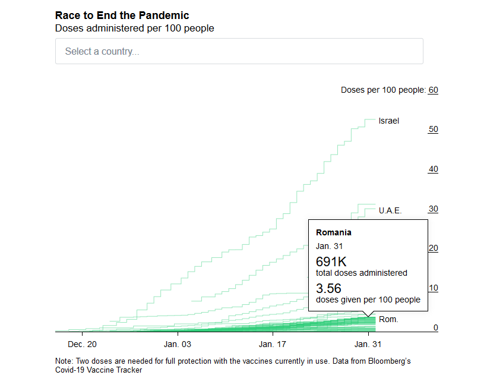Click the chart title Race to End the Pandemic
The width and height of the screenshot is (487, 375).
(122, 15)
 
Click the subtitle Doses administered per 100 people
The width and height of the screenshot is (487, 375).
(134, 28)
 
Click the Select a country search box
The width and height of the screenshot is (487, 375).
(239, 51)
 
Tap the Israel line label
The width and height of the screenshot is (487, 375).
(388, 121)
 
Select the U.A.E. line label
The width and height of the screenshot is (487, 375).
(390, 210)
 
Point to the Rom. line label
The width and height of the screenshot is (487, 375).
(388, 319)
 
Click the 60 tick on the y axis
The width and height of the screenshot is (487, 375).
(433, 90)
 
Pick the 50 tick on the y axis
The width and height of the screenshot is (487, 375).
(433, 129)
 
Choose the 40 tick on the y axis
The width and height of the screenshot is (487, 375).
(433, 169)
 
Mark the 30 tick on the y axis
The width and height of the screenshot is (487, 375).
(433, 209)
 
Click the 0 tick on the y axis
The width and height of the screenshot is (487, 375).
(435, 327)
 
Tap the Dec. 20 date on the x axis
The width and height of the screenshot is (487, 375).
(82, 344)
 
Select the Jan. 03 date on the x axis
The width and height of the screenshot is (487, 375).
(178, 344)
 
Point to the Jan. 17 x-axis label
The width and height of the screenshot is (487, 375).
(273, 344)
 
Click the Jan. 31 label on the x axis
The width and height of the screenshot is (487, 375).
(369, 344)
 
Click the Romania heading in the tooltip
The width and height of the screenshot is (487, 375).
(334, 232)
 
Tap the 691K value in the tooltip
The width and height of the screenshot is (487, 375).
(331, 261)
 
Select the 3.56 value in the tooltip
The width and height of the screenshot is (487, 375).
(328, 289)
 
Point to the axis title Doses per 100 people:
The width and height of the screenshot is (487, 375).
(383, 90)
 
